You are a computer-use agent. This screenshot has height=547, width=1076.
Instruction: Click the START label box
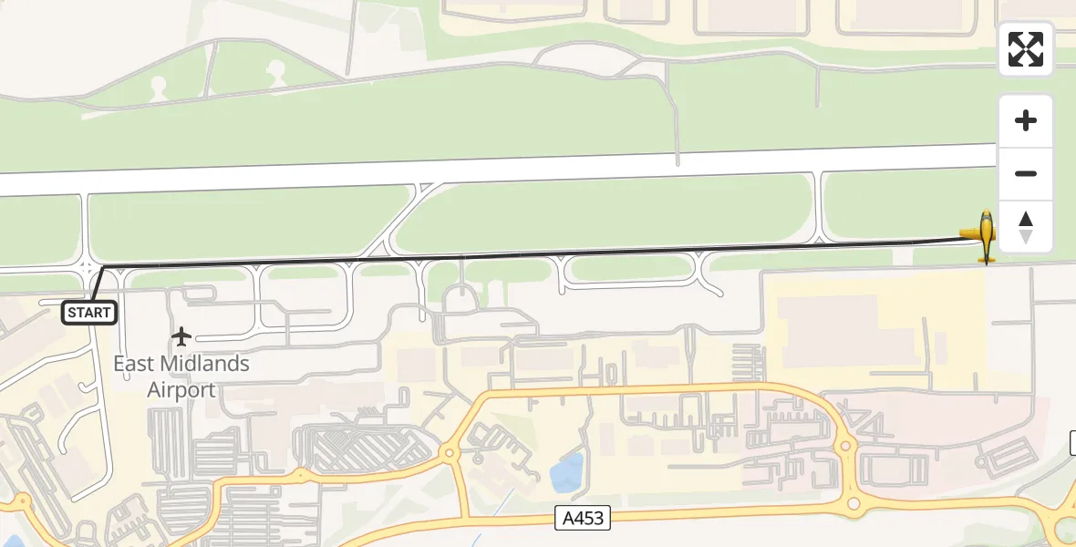point(89,313)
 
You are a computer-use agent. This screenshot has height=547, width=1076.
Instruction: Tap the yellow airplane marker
point(985,236)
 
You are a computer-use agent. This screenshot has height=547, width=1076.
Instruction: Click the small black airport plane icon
point(181,336)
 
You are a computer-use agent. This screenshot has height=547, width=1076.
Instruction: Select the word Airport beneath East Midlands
point(181,390)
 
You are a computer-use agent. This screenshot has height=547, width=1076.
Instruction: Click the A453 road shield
point(582,519)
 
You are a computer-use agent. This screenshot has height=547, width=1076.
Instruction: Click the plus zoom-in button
point(1026,120)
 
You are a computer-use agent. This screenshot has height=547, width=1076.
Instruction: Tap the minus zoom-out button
point(1026,173)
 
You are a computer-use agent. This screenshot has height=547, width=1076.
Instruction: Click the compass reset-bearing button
point(1026,227)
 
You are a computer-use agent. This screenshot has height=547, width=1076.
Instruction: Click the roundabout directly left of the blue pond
point(449,452)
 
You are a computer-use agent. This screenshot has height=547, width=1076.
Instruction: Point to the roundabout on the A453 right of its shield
point(854,503)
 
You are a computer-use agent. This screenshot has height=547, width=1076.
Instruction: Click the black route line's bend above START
point(102,267)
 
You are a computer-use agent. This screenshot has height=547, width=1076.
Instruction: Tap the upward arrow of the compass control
point(1026,219)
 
